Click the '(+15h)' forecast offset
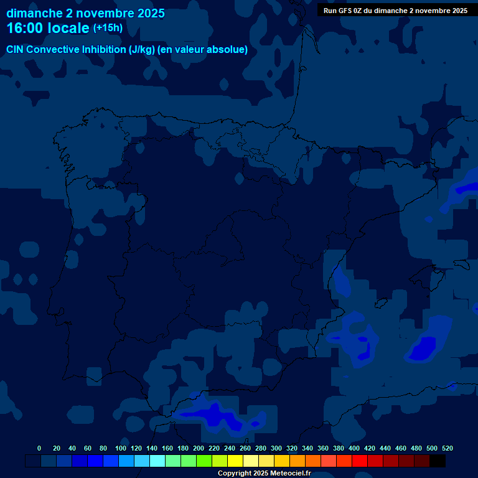coord(108,28)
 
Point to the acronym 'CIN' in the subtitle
coord(15,50)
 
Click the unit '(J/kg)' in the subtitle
coord(143,50)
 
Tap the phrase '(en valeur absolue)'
coord(203,50)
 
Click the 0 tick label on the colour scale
coord(39,448)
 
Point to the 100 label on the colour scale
coord(121,448)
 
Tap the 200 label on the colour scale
coord(199,448)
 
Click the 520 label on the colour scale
coord(447,448)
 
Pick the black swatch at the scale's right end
coord(438,461)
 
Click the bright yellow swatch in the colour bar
coord(235,461)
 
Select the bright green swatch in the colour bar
coord(204,461)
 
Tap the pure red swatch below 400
coord(360,461)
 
